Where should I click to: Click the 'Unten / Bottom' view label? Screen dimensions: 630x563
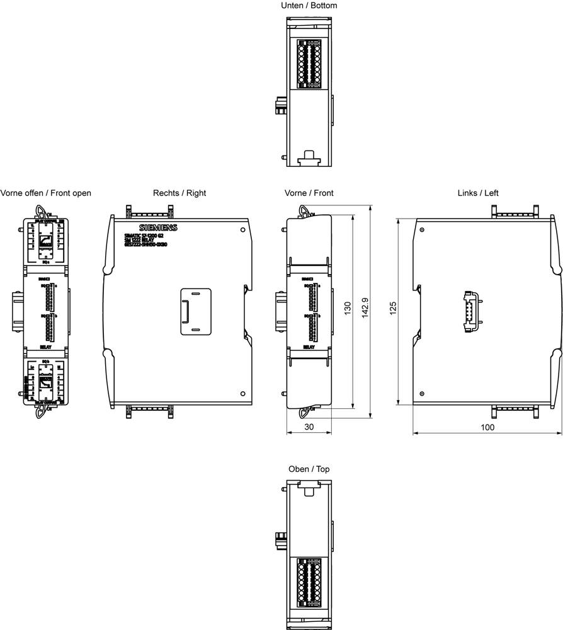point(309,6)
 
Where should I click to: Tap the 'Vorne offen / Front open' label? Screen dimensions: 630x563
point(46,193)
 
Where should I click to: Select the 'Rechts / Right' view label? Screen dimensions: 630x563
point(179,193)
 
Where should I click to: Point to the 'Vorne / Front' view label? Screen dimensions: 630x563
point(309,193)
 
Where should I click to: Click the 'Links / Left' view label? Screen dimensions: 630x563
point(478,193)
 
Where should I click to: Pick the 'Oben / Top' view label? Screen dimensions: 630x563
point(309,469)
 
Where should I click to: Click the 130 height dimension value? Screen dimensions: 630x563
point(347,309)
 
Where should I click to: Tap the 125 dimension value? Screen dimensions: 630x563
point(393,309)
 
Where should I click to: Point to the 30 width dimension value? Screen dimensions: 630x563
point(309,427)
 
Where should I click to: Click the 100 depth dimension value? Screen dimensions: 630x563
point(487,427)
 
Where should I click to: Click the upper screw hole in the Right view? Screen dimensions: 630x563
point(242,230)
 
